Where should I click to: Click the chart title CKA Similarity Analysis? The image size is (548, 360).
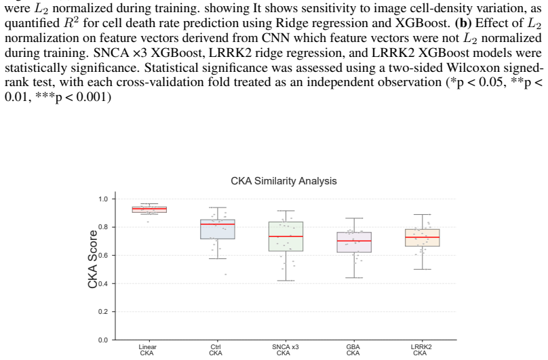coord(283,181)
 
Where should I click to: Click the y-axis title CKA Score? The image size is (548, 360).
coord(93,260)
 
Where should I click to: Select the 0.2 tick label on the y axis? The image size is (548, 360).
coord(103,312)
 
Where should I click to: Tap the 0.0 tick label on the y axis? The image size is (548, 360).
coord(103,340)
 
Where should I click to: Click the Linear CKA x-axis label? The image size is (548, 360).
coord(147,350)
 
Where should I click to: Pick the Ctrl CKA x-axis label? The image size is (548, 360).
coord(216,350)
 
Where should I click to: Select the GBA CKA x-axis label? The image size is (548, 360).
coord(353,350)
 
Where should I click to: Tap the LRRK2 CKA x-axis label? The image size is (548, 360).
coord(421,350)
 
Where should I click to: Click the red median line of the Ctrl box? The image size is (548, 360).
coord(218,224)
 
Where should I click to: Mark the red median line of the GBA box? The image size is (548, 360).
coord(354,241)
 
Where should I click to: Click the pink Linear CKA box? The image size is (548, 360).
coord(149,209)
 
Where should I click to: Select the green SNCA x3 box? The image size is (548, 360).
coord(286,237)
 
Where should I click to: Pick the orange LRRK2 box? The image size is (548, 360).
coord(423,238)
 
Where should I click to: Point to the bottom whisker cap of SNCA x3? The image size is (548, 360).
coord(286,281)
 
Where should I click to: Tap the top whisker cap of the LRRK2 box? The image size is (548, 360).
coord(423,215)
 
